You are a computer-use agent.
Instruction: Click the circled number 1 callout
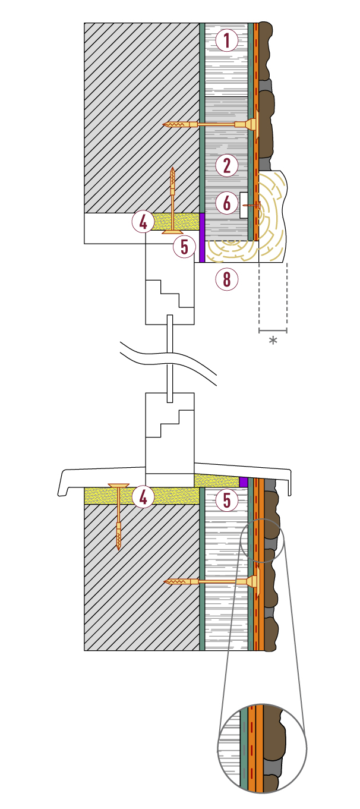[227, 40]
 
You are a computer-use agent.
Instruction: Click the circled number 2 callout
[227, 165]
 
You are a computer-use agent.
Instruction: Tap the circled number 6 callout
[227, 203]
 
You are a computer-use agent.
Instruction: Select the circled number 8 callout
[227, 279]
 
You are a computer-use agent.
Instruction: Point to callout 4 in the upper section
[143, 222]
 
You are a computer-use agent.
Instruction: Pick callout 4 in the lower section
[143, 498]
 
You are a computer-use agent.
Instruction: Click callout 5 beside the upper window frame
[185, 247]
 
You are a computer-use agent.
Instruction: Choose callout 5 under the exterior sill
[227, 500]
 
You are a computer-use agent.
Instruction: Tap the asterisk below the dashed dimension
[273, 340]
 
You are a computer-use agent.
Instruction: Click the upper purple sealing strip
[202, 237]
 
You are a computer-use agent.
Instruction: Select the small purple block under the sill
[244, 482]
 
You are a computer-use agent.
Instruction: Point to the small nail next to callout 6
[252, 205]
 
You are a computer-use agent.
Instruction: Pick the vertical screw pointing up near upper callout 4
[173, 200]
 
